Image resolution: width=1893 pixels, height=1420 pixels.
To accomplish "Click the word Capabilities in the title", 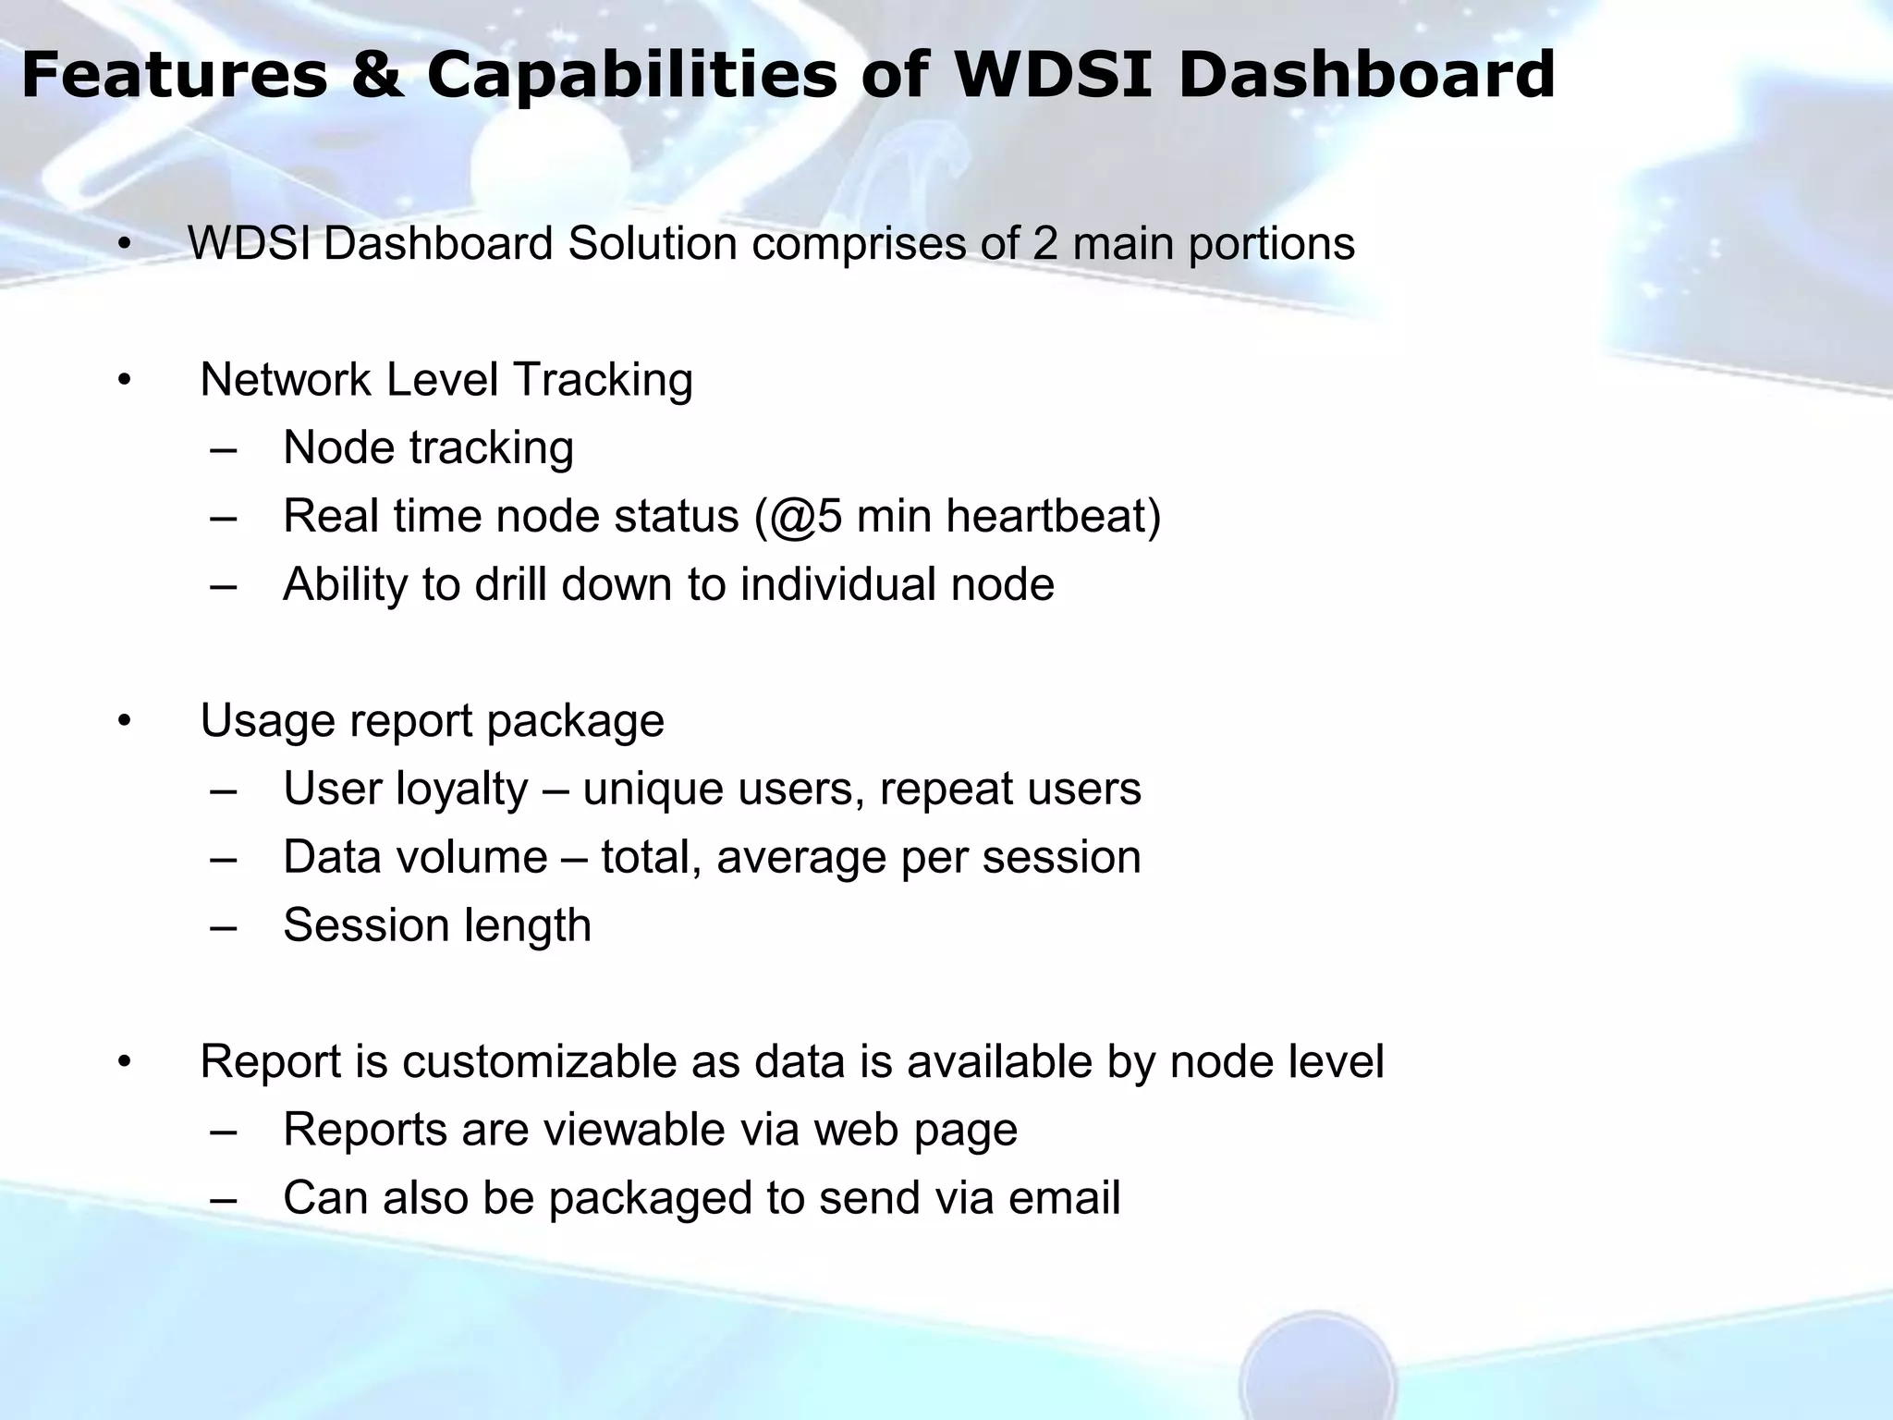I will (x=631, y=76).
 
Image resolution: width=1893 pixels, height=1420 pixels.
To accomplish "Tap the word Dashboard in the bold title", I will (x=1367, y=76).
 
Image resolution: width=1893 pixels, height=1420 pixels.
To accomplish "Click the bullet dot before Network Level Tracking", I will (x=125, y=380).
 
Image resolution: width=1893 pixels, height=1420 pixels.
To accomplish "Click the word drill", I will (x=510, y=584).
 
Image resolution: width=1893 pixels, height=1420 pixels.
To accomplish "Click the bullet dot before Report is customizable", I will (x=125, y=1062).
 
